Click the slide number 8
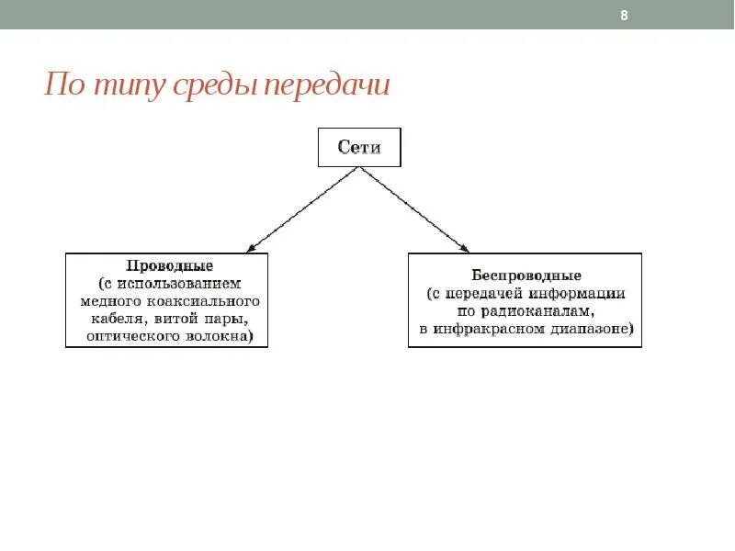coord(625,16)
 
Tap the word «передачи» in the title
coord(327,85)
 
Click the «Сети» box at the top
coord(359,147)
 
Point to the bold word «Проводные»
coord(167,265)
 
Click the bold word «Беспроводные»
coord(526,275)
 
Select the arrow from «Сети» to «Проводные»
coord(303,208)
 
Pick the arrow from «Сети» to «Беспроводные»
coord(415,208)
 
